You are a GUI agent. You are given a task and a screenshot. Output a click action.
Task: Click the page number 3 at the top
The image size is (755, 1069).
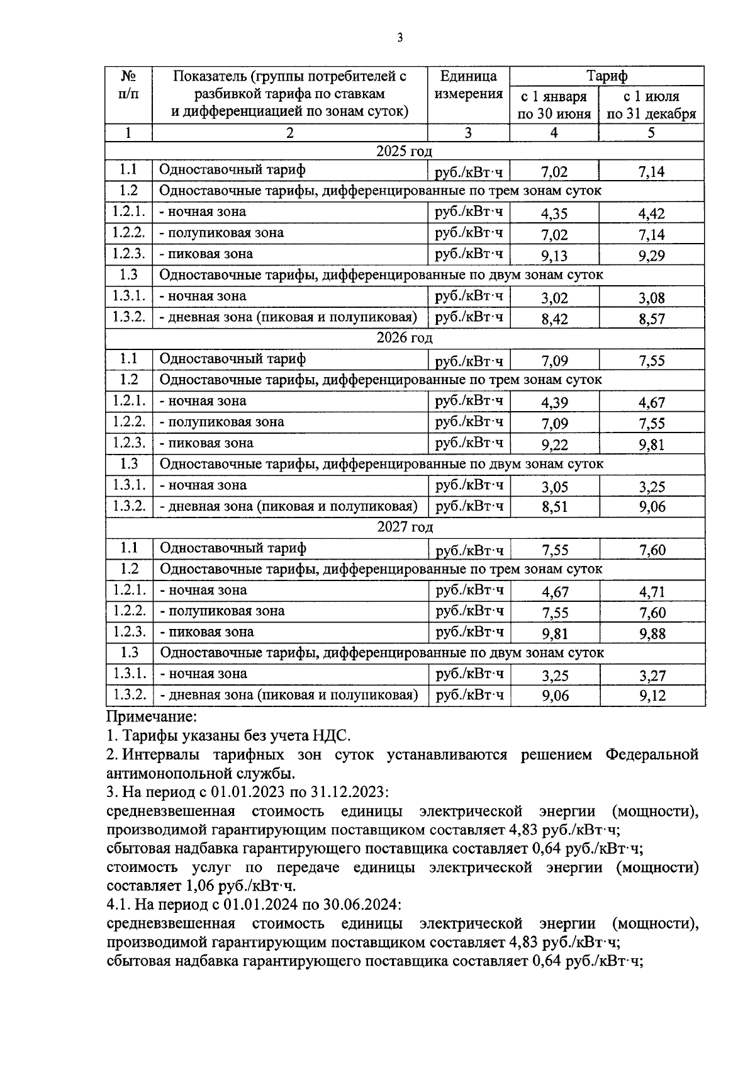[400, 38]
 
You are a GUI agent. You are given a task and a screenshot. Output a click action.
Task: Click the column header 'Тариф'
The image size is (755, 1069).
[607, 76]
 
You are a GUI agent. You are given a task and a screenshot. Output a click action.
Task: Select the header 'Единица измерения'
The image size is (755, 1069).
[468, 85]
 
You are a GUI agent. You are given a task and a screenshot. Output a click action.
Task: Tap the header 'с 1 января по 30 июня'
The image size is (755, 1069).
[554, 105]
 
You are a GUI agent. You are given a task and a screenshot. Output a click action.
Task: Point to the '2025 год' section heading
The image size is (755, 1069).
[405, 151]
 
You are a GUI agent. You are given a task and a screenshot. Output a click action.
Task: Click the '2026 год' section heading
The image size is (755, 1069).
[405, 337]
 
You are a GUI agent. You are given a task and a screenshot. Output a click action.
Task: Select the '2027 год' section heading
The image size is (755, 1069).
[405, 527]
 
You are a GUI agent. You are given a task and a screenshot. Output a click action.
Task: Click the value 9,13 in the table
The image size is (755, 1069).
[554, 256]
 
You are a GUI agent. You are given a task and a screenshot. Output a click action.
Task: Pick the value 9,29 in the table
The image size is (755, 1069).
[651, 256]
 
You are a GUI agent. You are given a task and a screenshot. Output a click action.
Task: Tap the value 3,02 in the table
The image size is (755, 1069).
[554, 298]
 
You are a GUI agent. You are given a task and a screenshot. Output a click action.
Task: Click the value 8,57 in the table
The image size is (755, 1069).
[652, 319]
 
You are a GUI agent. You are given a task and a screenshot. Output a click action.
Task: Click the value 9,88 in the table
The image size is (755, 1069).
[652, 634]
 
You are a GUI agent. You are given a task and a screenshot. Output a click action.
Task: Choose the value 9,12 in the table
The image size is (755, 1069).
[652, 696]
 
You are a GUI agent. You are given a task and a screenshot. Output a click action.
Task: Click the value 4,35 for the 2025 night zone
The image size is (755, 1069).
[554, 213]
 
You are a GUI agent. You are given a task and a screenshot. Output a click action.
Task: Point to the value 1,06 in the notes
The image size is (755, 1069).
[199, 886]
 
